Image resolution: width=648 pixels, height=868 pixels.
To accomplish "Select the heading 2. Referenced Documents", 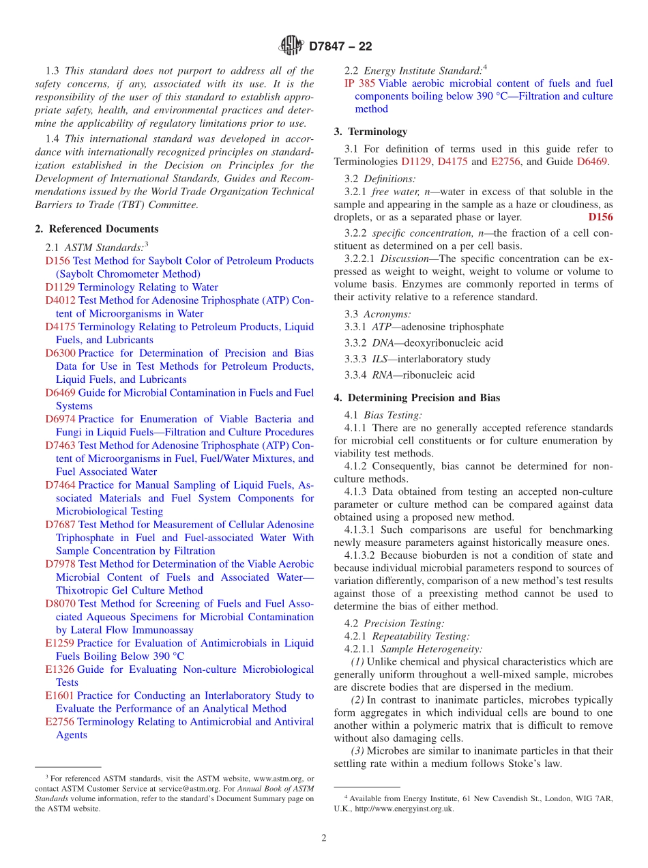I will pyautogui.click(x=97, y=229).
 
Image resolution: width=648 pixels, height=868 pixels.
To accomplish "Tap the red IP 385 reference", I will pyautogui.click(x=359, y=83).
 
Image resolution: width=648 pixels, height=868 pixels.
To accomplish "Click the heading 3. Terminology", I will pyautogui.click(x=370, y=132).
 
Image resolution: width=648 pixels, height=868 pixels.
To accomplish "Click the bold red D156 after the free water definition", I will pyautogui.click(x=600, y=218).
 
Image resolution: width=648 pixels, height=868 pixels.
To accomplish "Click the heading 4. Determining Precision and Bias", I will pyautogui.click(x=417, y=399).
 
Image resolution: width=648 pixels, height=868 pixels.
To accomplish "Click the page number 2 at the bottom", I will pyautogui.click(x=324, y=839).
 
